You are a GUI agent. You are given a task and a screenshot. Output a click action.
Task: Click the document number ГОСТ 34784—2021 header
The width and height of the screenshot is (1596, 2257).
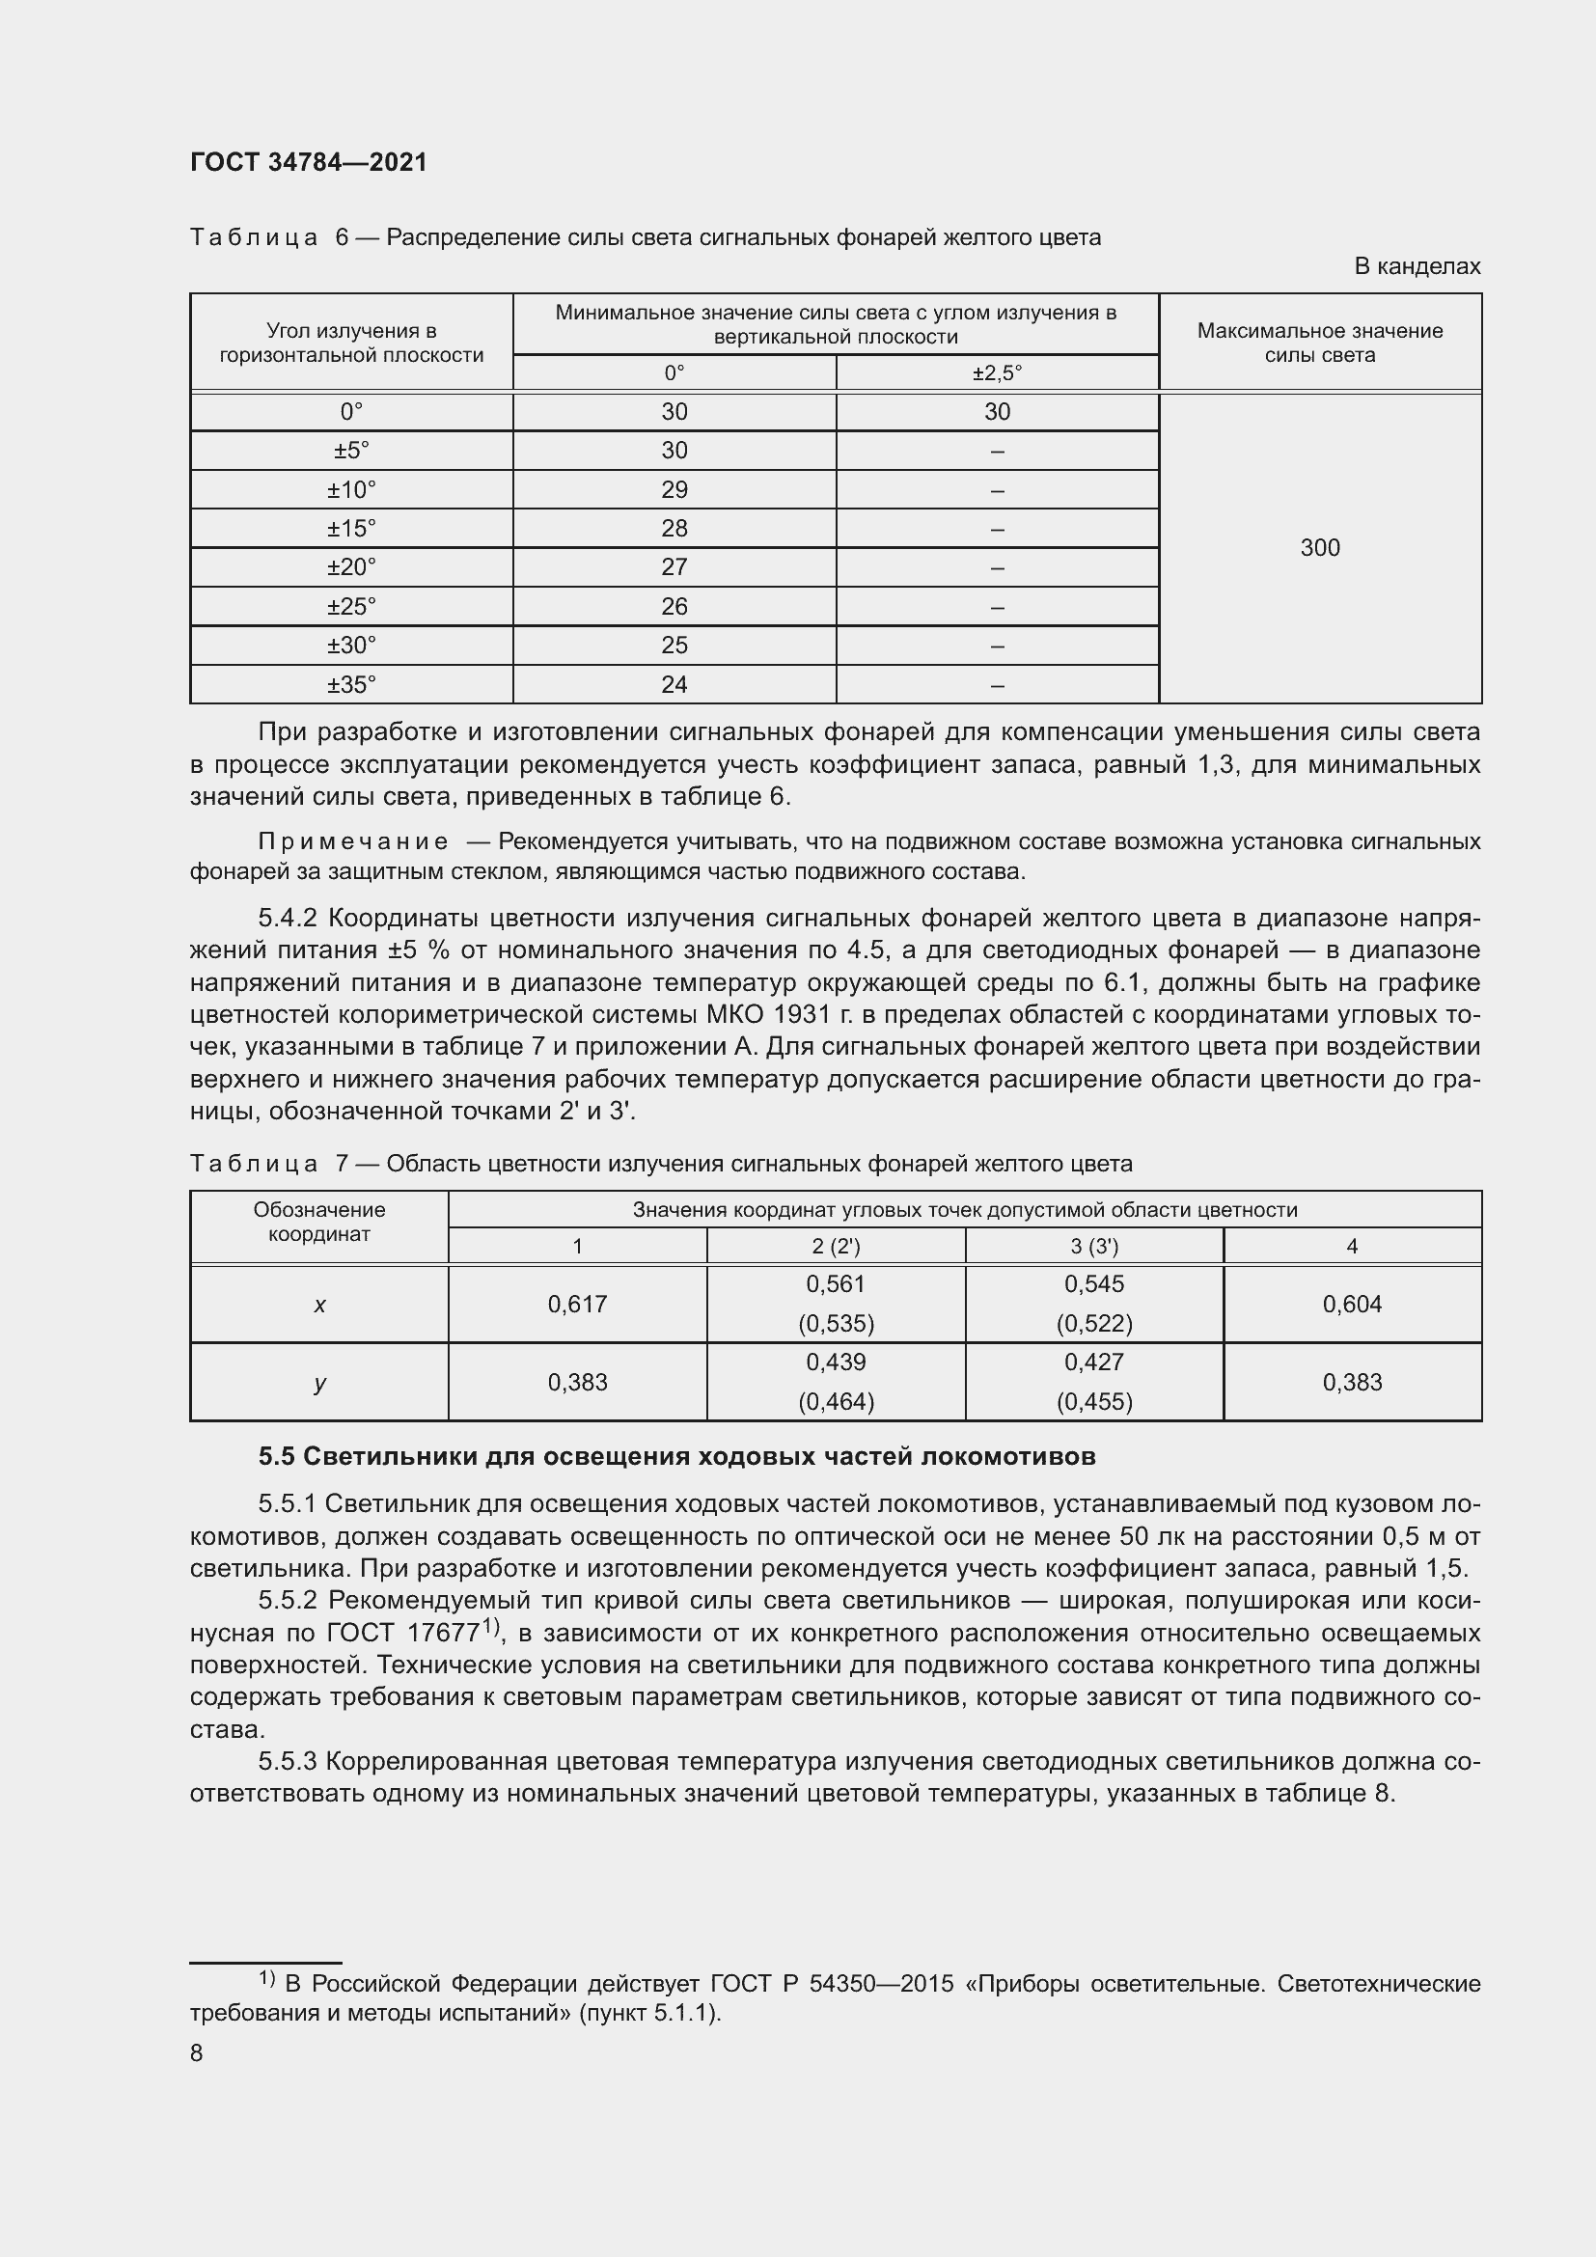(309, 163)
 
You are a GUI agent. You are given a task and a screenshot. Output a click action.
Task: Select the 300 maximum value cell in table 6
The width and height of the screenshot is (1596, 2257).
(1319, 547)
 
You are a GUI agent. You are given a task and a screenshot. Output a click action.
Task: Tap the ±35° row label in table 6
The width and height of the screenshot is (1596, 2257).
(351, 684)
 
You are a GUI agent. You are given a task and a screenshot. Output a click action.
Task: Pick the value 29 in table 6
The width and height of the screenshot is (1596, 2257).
(674, 489)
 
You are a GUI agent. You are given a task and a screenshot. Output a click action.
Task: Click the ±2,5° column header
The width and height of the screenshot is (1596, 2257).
(997, 373)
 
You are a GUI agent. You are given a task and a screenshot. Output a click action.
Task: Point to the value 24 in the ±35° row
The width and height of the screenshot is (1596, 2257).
(674, 684)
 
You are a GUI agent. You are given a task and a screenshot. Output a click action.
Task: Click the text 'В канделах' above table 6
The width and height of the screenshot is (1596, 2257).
(1417, 266)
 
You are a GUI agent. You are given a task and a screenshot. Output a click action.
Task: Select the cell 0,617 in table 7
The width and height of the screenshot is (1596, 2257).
(577, 1304)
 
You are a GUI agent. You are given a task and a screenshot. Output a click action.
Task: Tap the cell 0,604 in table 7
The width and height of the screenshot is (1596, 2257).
(1351, 1304)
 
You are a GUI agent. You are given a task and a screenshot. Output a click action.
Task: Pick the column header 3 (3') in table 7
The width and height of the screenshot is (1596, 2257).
(1094, 1247)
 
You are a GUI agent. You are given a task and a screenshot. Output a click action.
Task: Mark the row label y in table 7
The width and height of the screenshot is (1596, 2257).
(319, 1382)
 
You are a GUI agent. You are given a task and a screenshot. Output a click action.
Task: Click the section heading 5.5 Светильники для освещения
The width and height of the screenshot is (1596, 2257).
(676, 1456)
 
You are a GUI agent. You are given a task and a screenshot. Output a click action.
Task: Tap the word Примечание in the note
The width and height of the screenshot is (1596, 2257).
(353, 841)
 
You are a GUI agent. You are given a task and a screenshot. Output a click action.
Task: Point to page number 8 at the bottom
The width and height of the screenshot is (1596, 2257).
(197, 2053)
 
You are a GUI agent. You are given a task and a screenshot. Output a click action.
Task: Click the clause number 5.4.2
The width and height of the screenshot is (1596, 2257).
(288, 918)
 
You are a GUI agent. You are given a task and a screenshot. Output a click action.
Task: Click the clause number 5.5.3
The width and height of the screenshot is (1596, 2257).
(288, 1762)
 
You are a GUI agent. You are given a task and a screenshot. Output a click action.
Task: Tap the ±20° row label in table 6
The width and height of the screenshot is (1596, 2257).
(351, 567)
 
